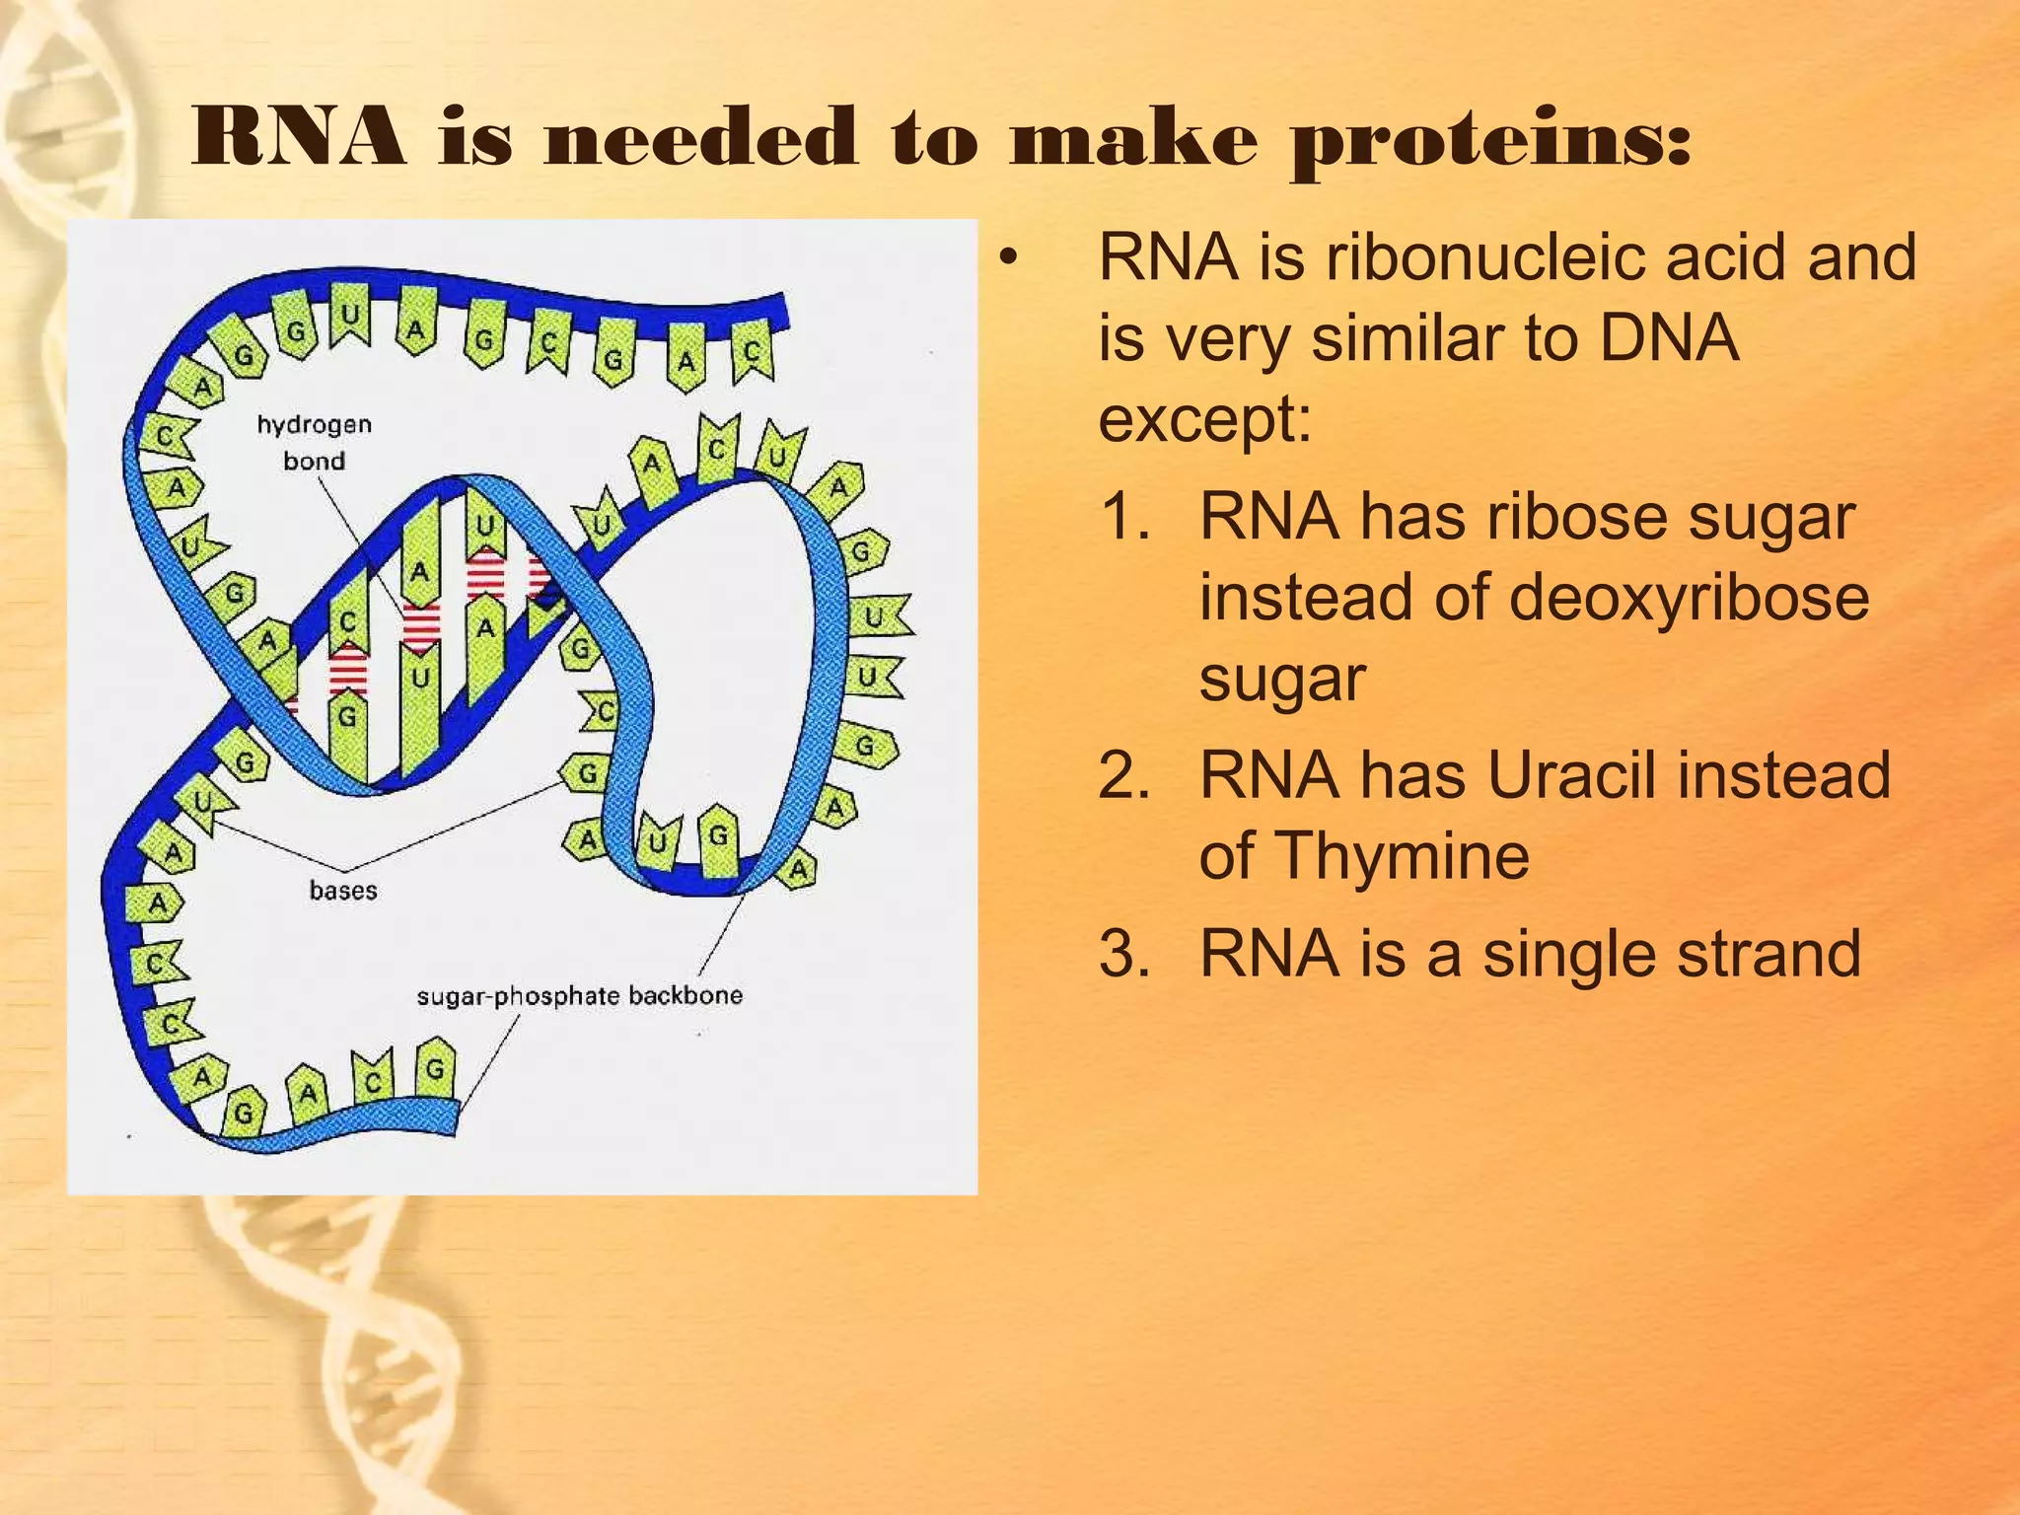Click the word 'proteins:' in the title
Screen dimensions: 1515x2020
click(x=1491, y=141)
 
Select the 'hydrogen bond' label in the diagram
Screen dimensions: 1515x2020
click(x=314, y=442)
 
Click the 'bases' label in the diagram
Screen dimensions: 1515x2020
click(x=342, y=891)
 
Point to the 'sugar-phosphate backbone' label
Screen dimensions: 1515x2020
click(x=579, y=995)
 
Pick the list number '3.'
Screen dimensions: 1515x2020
click(x=1124, y=954)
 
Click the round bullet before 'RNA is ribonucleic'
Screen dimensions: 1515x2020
click(x=1006, y=258)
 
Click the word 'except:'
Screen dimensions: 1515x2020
click(x=1204, y=419)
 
